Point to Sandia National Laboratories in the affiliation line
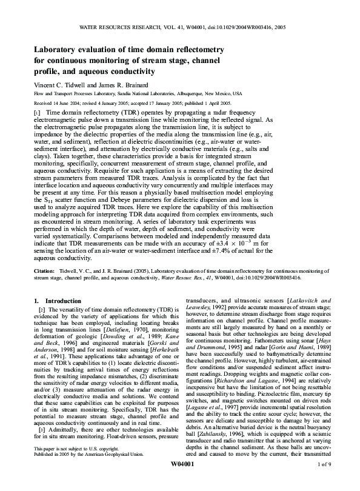coord(145,95)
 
